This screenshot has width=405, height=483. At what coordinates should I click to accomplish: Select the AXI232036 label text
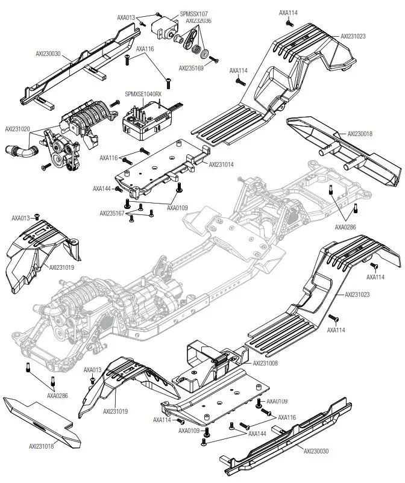198,20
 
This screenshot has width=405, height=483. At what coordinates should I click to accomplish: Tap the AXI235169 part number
192,68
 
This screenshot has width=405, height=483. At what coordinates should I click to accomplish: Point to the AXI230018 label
360,134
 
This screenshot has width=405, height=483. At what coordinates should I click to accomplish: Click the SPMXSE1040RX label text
143,95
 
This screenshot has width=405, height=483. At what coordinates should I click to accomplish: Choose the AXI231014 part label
222,163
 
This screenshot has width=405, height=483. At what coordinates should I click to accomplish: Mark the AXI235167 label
112,213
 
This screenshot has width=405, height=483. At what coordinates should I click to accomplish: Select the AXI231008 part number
265,363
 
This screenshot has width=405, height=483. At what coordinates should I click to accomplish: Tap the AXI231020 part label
18,129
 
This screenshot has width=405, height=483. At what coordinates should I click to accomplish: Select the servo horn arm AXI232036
192,42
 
